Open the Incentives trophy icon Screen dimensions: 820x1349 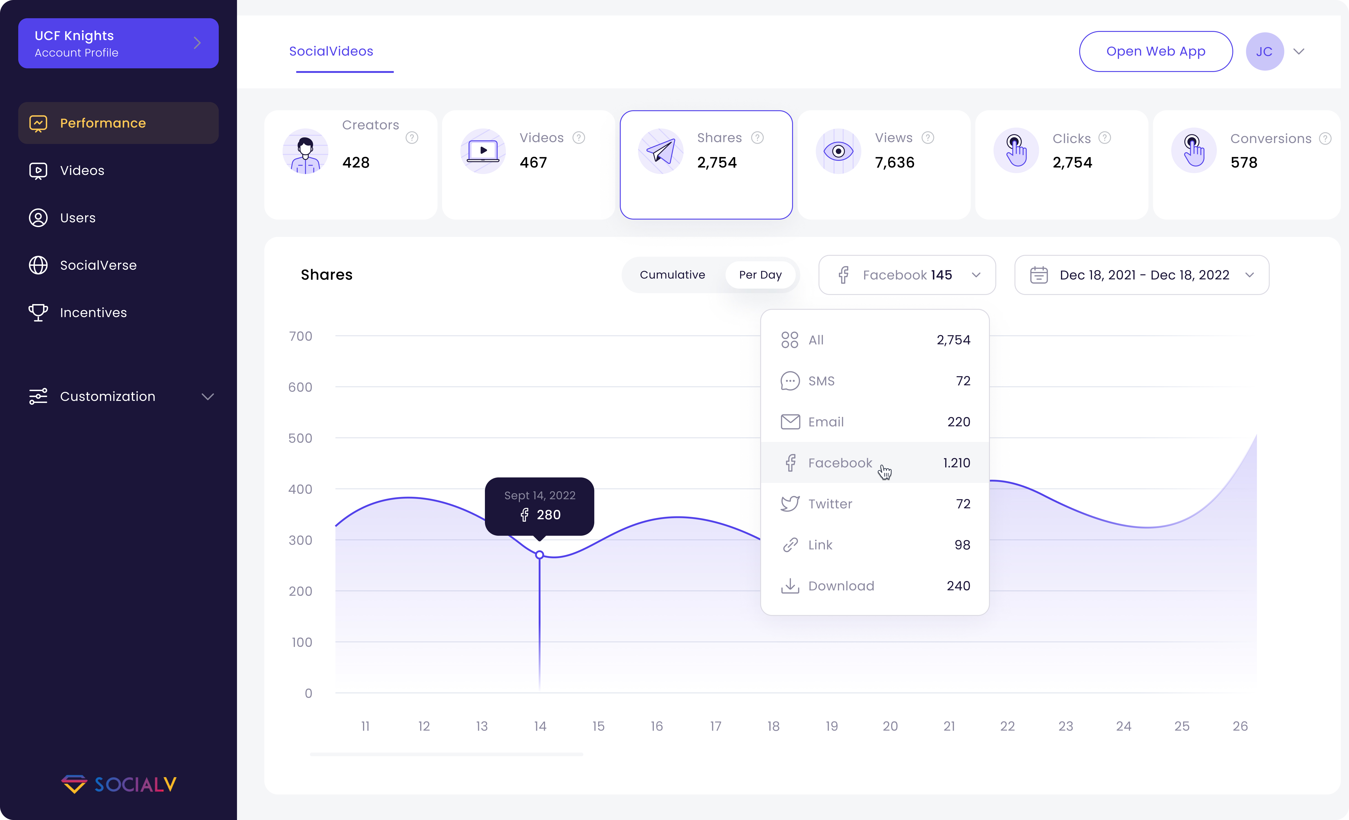coord(38,313)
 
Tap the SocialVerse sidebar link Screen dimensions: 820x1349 coord(98,266)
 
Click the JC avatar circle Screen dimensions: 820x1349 coord(1264,51)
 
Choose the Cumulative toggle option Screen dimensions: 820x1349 coord(672,275)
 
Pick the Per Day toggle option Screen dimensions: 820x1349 coord(760,275)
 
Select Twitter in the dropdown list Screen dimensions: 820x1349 coord(830,504)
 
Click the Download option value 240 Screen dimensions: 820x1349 coord(958,586)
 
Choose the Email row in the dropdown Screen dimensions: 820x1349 coord(826,422)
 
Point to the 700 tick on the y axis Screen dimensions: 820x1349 coord(301,336)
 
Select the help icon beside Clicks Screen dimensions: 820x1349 coord(1105,138)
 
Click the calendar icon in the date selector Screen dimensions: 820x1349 coord(1039,275)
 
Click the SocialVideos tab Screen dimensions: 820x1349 coord(331,51)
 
